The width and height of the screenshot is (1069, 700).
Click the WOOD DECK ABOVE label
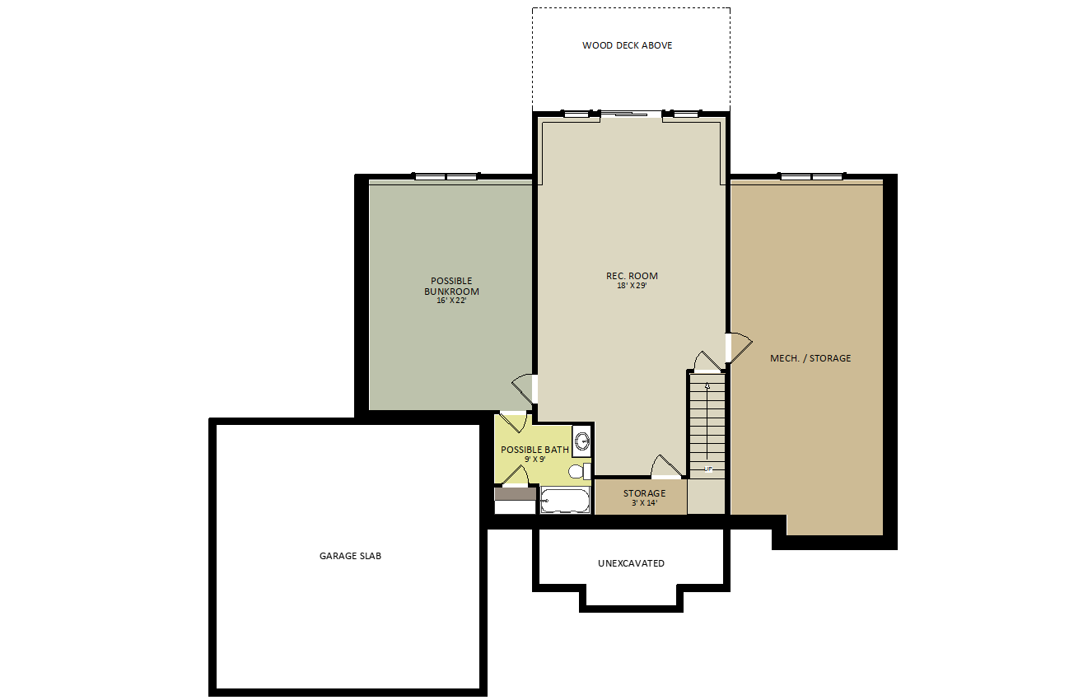pyautogui.click(x=627, y=45)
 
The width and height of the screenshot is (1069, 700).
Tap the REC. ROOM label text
pyautogui.click(x=632, y=276)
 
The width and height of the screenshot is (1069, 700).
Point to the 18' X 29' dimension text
pyautogui.click(x=632, y=286)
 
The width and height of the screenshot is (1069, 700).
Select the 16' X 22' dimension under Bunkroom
pyautogui.click(x=451, y=301)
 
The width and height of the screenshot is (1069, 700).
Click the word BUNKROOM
pyautogui.click(x=451, y=291)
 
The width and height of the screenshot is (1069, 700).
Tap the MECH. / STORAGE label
pyautogui.click(x=810, y=358)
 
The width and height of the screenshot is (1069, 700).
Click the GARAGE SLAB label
pyautogui.click(x=350, y=556)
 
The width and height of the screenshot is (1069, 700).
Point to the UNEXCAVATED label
pyautogui.click(x=631, y=563)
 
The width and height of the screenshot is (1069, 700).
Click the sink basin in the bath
pyautogui.click(x=582, y=441)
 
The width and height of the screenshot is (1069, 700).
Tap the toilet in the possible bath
pyautogui.click(x=579, y=471)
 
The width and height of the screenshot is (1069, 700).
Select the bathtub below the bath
pyautogui.click(x=565, y=501)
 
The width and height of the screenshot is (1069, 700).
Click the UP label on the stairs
pyautogui.click(x=707, y=469)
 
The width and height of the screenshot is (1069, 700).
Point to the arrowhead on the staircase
pyautogui.click(x=707, y=385)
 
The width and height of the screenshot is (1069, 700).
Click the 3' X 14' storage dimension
pyautogui.click(x=644, y=503)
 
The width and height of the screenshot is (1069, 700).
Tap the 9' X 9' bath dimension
pyautogui.click(x=535, y=459)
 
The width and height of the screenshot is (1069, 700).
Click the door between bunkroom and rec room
pyautogui.click(x=525, y=389)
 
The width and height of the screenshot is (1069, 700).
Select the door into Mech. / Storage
pyautogui.click(x=740, y=348)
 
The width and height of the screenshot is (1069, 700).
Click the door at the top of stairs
pyautogui.click(x=707, y=362)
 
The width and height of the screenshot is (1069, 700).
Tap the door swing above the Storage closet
pyautogui.click(x=666, y=466)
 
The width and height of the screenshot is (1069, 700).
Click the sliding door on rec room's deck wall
pyautogui.click(x=631, y=114)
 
